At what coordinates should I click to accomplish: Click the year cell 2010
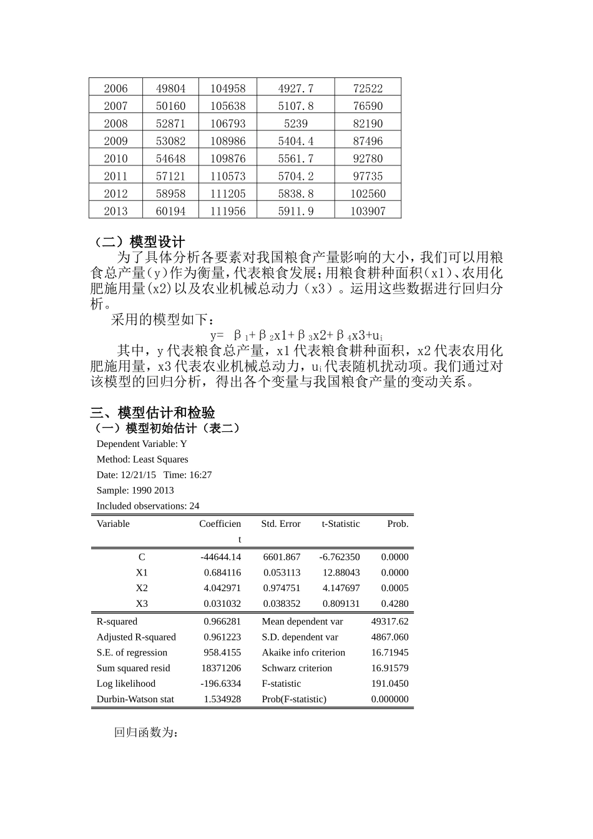(115, 159)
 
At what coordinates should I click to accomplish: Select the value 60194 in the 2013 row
(170, 211)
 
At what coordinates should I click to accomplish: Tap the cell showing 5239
(296, 124)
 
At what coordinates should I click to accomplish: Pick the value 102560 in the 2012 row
(368, 194)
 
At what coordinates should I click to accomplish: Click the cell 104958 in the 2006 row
(228, 89)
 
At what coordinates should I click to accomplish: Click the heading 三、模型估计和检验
(153, 413)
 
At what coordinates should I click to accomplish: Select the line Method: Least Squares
(142, 459)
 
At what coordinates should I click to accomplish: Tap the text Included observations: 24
(148, 506)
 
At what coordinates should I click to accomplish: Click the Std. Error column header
(281, 524)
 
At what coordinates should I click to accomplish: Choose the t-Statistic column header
(341, 524)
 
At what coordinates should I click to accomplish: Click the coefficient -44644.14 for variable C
(220, 557)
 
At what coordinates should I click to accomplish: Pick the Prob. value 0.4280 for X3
(395, 604)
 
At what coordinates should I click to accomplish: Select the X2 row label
(142, 588)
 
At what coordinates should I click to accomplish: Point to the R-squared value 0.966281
(222, 622)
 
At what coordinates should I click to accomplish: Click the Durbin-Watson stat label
(135, 699)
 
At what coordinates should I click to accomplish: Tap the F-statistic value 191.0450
(390, 684)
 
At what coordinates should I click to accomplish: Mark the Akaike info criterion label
(303, 652)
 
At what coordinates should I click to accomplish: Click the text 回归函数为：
(146, 732)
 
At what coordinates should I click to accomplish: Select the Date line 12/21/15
(154, 475)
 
